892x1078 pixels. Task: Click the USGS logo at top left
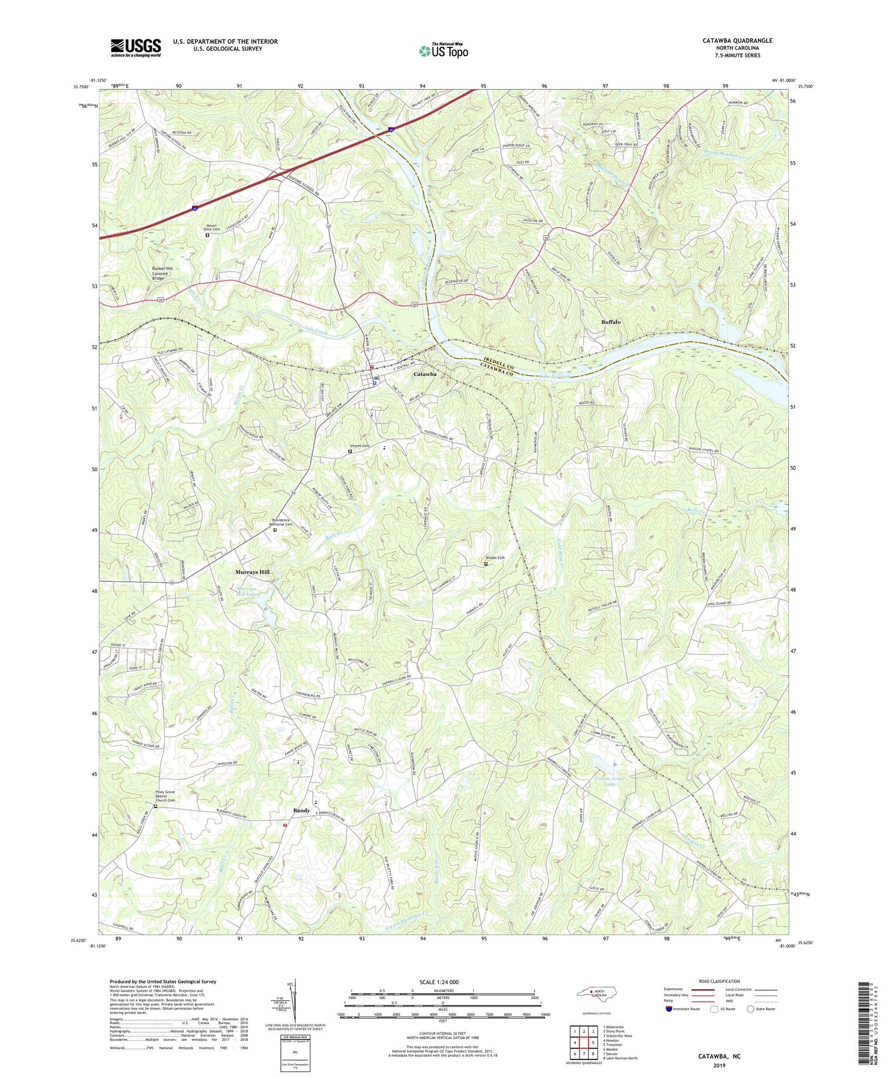click(136, 47)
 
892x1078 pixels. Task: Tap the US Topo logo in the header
click(443, 51)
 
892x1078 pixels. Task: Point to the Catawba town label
click(426, 374)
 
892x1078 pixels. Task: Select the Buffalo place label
click(611, 322)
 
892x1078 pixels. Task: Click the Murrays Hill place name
click(252, 572)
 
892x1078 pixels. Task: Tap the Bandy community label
click(301, 811)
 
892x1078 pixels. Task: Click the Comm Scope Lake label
click(609, 781)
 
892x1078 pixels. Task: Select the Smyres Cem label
click(360, 446)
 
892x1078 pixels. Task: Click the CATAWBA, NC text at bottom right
click(719, 1056)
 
